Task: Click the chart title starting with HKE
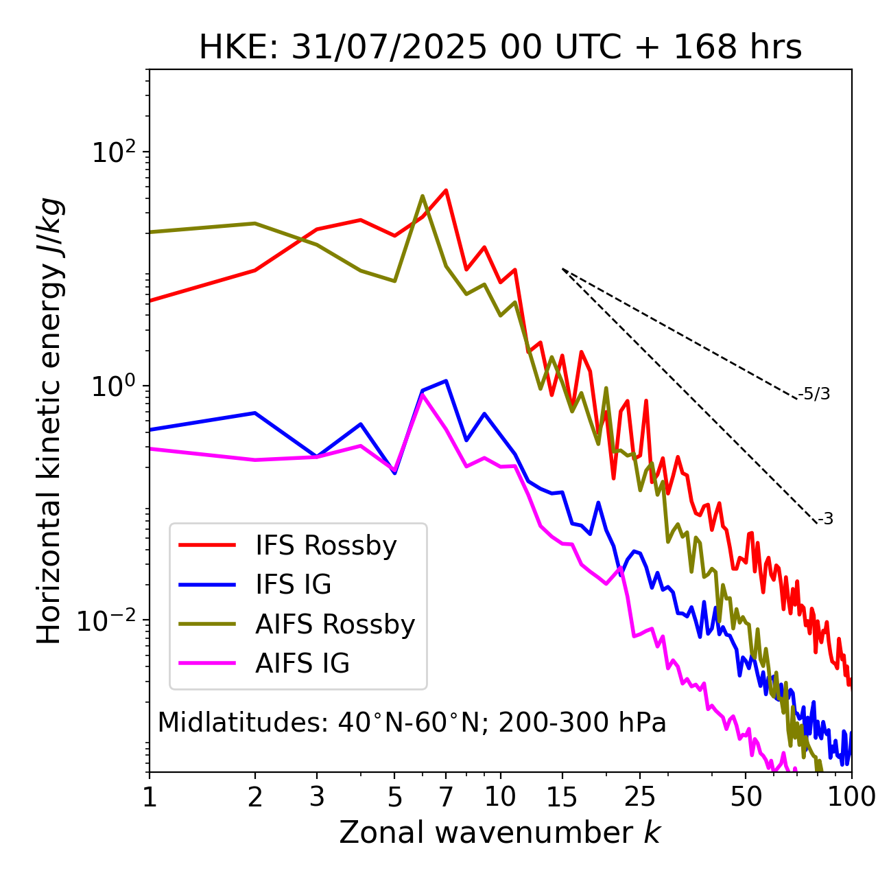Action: point(500,48)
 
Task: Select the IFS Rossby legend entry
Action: point(326,546)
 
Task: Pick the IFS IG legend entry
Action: point(293,585)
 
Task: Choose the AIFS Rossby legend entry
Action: point(335,625)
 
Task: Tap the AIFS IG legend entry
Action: point(302,664)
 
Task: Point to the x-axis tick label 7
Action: point(446,797)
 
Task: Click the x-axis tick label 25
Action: point(640,797)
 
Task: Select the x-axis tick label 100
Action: point(851,797)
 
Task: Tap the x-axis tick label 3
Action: point(316,797)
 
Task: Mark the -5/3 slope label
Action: point(814,394)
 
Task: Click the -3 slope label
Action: point(825,520)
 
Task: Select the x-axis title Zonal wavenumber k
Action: point(500,833)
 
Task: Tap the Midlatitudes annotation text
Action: point(412,723)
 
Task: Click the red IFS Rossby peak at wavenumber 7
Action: point(446,190)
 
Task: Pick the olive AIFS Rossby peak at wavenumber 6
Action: point(423,196)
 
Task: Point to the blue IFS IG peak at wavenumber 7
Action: point(446,380)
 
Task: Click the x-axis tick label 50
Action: point(746,797)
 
